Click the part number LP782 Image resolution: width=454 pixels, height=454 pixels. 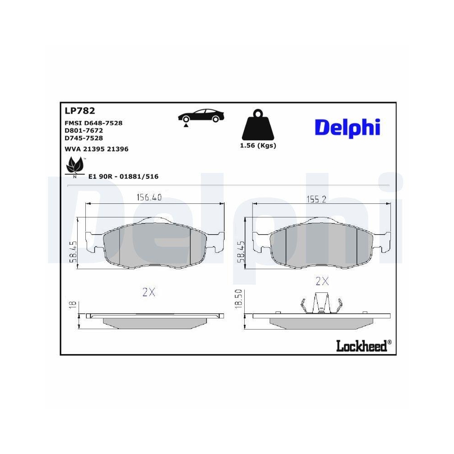79,110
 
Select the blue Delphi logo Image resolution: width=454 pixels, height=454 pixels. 347,128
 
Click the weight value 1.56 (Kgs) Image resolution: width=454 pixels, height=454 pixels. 258,146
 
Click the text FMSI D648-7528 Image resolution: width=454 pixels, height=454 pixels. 94,123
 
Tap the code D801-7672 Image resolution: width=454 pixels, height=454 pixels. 84,130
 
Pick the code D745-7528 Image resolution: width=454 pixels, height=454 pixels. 84,138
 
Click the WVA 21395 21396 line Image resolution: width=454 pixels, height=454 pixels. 96,149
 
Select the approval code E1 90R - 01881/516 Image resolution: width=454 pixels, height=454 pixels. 123,177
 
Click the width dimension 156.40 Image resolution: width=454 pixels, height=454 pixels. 149,197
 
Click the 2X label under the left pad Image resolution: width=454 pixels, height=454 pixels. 149,292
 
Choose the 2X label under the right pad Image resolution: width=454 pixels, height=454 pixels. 322,281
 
